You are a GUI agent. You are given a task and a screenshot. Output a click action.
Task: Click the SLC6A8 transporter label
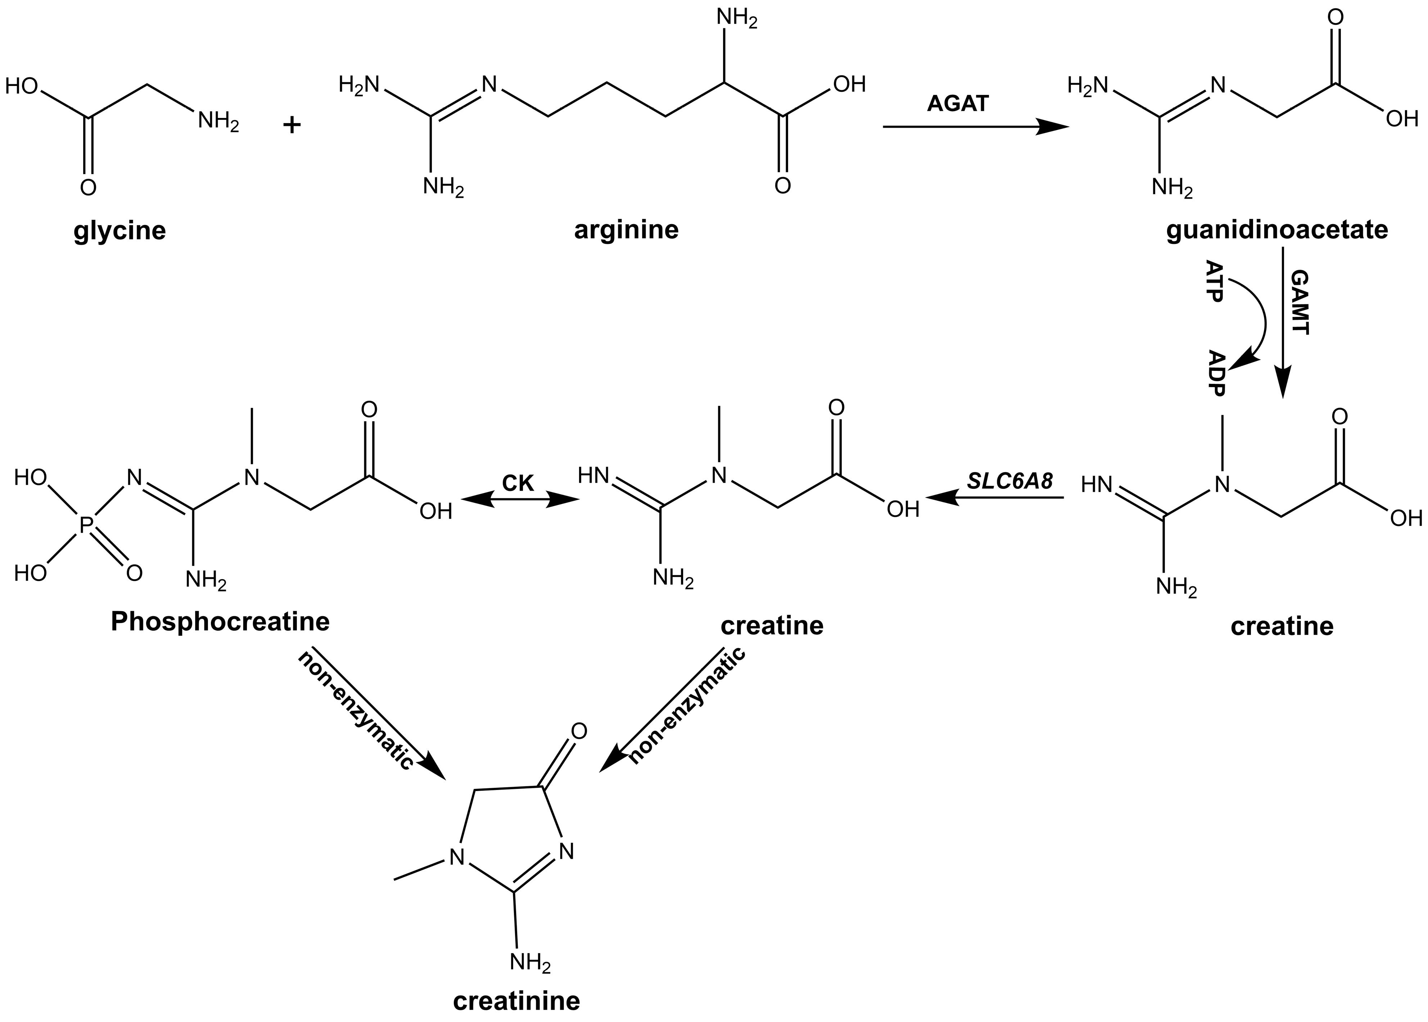1010,481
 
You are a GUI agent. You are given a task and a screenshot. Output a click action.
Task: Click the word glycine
119,231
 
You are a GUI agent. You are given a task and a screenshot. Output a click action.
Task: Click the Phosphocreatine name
220,622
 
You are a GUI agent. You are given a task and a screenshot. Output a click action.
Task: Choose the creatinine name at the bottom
516,1001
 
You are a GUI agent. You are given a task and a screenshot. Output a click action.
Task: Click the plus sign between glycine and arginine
292,125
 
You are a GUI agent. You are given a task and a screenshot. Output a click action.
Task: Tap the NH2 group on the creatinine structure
529,963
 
